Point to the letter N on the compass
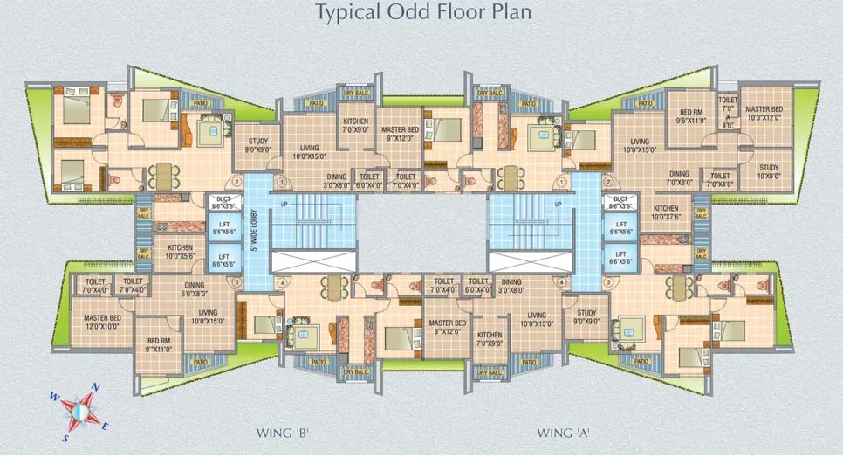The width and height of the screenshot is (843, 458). pos(96,387)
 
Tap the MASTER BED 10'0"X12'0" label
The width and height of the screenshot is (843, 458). pos(764,113)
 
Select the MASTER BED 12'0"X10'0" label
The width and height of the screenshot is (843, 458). pos(101,321)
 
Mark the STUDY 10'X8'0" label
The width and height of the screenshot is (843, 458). pos(768,171)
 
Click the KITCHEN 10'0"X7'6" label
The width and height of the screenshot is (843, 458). pos(666,212)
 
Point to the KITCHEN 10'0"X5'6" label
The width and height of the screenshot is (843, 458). pos(181,252)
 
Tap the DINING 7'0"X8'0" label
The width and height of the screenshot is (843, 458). pos(679,178)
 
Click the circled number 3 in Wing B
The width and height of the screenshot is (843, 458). pos(235,282)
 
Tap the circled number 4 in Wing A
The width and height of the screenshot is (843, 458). pos(562,282)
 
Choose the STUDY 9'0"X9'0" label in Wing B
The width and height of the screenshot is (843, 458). pos(257,144)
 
